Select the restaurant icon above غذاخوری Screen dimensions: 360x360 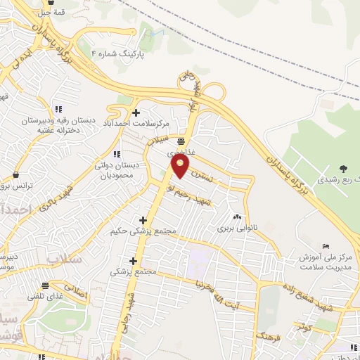[181, 141]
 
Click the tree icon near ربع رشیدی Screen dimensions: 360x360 [342, 168]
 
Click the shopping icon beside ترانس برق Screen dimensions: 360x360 [15, 174]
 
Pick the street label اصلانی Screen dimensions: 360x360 [75, 289]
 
